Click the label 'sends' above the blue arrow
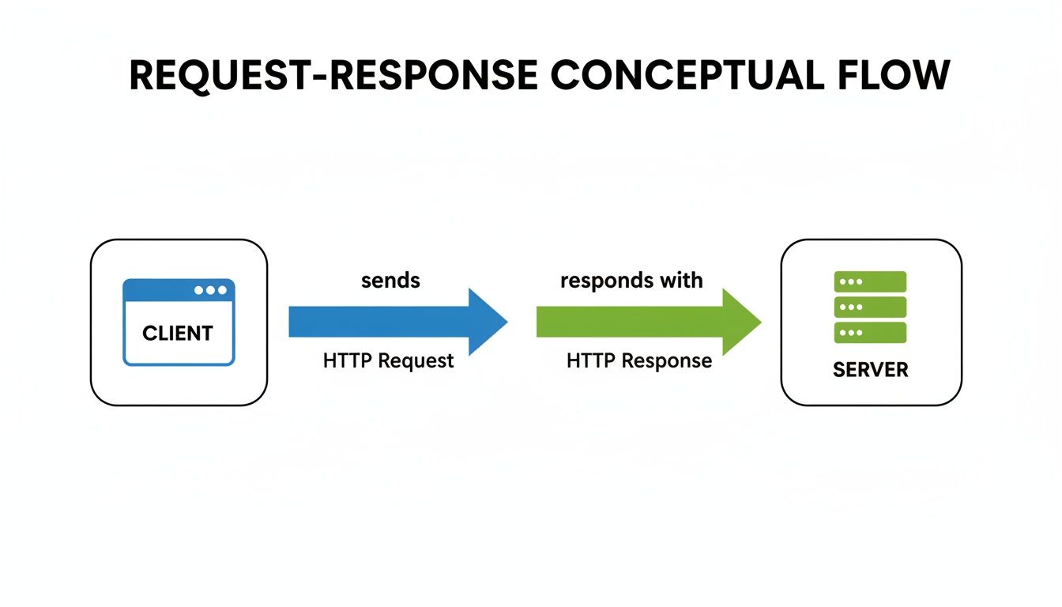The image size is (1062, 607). click(390, 281)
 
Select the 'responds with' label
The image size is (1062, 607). click(631, 281)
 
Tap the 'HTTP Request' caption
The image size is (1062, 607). click(388, 361)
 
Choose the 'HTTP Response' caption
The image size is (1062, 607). click(639, 361)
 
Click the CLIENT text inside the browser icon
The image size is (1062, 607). click(178, 334)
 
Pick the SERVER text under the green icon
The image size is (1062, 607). click(871, 369)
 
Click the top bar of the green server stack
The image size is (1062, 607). click(871, 282)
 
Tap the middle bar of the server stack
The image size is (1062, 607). click(871, 307)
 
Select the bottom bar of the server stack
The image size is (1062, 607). click(871, 333)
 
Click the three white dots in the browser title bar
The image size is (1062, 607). click(210, 290)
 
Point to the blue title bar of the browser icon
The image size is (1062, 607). click(158, 290)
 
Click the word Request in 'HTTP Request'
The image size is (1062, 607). click(416, 361)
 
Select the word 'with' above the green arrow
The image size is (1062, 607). click(684, 281)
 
